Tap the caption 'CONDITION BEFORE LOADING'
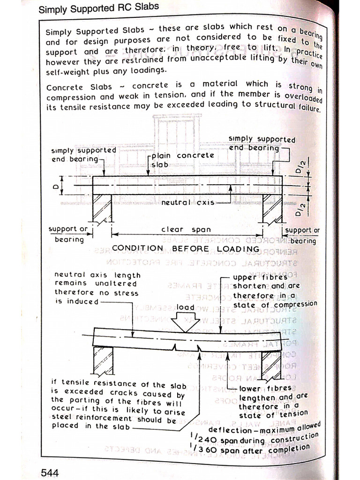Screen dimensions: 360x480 point(186,248)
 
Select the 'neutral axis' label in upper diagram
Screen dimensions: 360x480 point(187,202)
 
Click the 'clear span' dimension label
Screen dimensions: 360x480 point(186,230)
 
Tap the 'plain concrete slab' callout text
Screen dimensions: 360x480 point(182,160)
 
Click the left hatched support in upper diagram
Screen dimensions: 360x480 point(102,208)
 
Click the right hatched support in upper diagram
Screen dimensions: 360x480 point(272,208)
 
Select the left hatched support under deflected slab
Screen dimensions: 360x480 point(103,360)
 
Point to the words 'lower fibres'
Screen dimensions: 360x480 point(265,389)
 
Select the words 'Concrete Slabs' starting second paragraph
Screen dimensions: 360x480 point(79,88)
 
